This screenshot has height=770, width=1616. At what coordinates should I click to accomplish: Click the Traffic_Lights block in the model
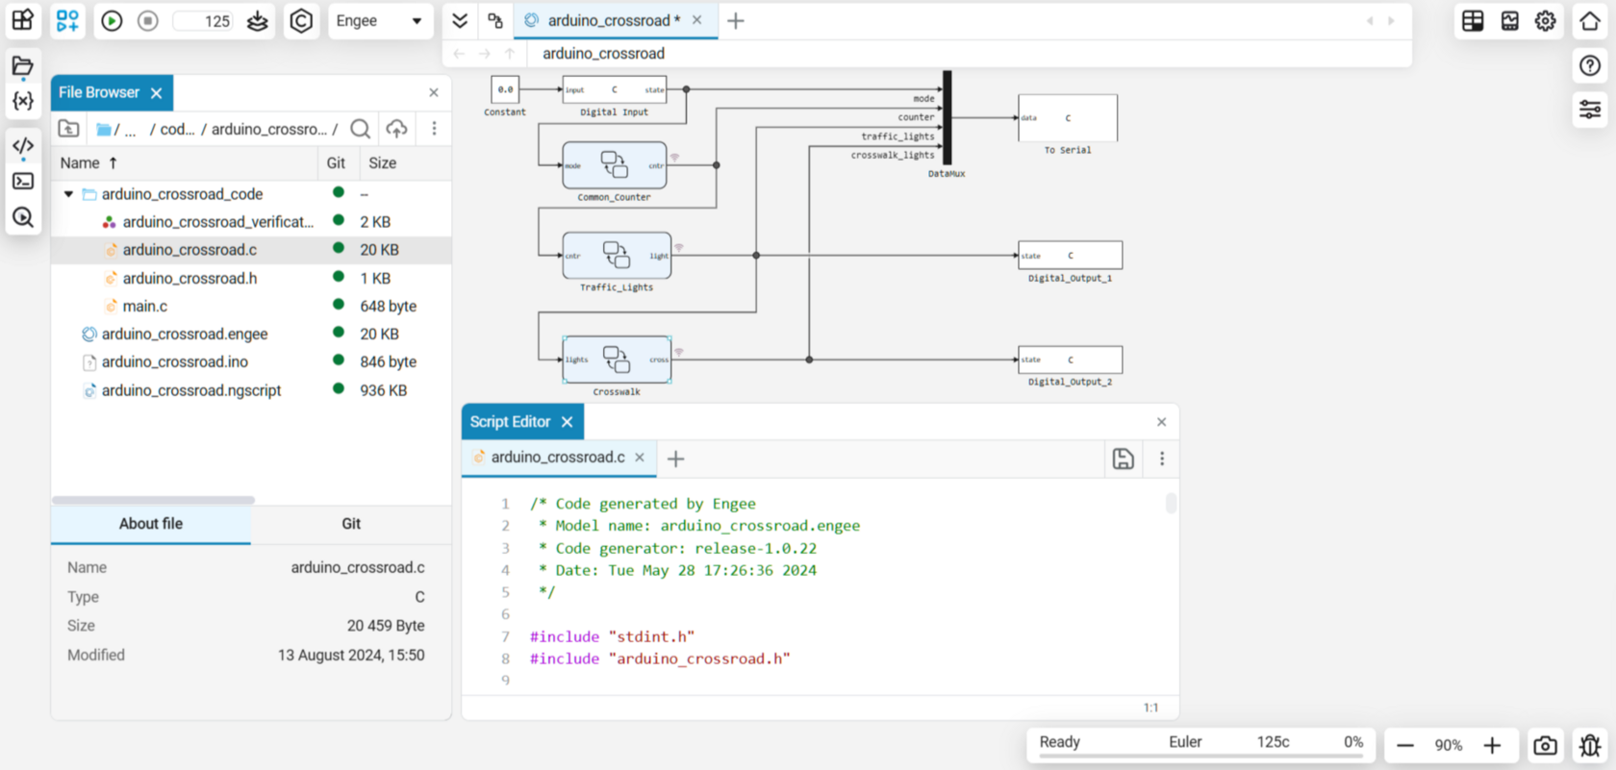click(617, 256)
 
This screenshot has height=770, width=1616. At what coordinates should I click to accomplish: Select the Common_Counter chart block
click(615, 165)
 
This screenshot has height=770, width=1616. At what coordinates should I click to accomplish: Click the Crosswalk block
click(617, 360)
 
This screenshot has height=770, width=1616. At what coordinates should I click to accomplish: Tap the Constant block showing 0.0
click(505, 89)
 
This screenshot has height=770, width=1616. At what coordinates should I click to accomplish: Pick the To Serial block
click(1068, 118)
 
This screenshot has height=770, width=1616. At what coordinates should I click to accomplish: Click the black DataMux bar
click(947, 117)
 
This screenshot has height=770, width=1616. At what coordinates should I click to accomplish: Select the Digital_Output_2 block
click(1070, 360)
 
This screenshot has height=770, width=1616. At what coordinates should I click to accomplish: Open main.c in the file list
click(144, 306)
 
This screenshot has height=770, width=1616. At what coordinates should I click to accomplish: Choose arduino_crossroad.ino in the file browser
click(175, 361)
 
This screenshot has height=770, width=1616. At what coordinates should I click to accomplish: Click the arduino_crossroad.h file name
click(189, 278)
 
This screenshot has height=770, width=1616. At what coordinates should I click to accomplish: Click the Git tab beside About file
click(351, 524)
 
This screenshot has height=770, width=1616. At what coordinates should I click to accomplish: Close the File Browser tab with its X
click(157, 93)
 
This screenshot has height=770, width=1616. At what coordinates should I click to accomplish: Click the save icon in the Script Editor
click(1123, 459)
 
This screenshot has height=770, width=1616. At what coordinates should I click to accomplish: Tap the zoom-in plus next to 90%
click(1492, 745)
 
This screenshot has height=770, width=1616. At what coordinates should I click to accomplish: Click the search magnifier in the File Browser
click(361, 129)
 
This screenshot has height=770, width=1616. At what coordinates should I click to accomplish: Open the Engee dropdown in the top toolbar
click(380, 21)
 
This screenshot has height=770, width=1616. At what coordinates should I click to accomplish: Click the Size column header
click(382, 163)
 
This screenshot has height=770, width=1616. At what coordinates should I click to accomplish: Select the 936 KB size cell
click(383, 390)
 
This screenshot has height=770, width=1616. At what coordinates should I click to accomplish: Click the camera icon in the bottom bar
click(1545, 745)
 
